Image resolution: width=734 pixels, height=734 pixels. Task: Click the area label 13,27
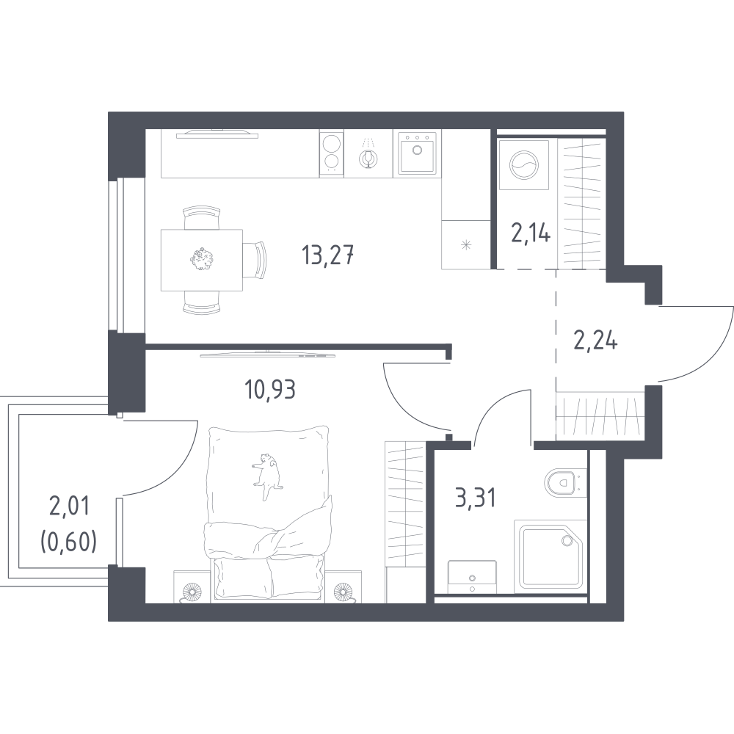click(327, 255)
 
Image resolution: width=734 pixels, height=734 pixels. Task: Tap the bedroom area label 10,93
click(270, 389)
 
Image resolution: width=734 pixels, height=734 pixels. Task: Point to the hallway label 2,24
click(595, 341)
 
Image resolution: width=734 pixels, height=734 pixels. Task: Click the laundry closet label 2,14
click(531, 232)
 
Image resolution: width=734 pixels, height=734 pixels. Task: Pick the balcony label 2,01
click(69, 507)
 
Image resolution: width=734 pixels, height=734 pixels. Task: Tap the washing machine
click(524, 164)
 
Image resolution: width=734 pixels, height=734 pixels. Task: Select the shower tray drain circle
click(567, 541)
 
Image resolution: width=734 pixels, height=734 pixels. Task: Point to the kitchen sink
click(417, 153)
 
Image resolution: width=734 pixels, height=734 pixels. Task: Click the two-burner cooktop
click(332, 153)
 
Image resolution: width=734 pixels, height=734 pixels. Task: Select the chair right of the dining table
click(255, 260)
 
